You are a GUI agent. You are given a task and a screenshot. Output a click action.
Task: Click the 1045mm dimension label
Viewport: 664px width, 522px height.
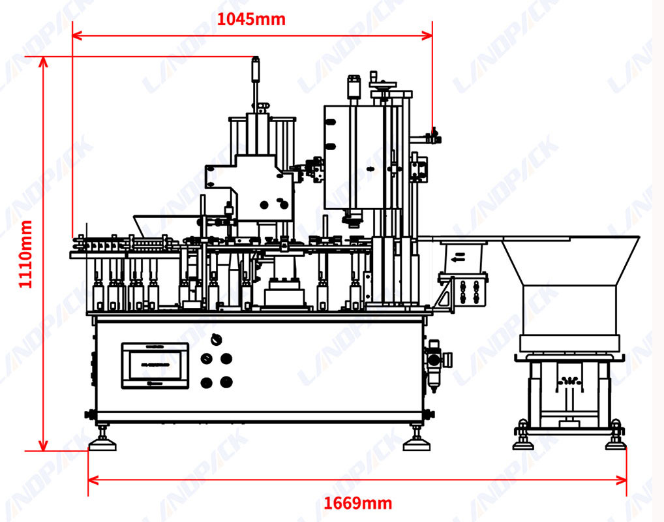click(251, 19)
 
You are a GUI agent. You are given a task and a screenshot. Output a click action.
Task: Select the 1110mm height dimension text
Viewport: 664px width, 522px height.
click(25, 254)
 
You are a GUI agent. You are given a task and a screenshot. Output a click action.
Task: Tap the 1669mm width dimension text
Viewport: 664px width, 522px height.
click(358, 503)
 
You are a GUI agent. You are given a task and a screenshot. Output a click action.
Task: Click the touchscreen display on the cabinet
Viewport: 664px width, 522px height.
click(155, 365)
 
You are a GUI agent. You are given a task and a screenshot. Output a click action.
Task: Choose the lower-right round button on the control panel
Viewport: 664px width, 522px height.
click(226, 382)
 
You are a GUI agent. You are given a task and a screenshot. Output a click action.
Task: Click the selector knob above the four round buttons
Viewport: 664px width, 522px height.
click(216, 339)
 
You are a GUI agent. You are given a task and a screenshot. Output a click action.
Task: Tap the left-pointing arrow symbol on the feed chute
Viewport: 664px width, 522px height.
click(458, 257)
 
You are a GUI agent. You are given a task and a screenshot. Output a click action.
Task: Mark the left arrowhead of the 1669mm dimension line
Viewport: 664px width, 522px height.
click(93, 480)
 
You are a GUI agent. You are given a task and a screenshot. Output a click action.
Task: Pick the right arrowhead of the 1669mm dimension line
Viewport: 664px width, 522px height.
click(622, 480)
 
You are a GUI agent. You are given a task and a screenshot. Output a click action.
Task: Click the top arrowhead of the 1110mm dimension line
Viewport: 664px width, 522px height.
click(43, 62)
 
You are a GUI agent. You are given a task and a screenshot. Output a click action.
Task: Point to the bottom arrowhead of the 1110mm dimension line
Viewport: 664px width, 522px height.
click(43, 445)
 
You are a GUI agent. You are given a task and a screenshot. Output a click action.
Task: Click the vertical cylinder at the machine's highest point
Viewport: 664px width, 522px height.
click(255, 69)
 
